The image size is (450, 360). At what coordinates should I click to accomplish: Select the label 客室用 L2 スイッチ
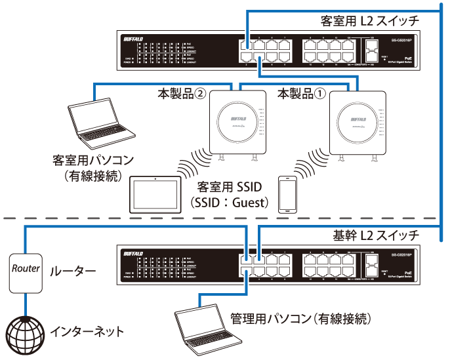378,22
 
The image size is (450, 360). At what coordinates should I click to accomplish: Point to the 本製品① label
301,95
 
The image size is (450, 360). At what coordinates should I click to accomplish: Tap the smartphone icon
287,193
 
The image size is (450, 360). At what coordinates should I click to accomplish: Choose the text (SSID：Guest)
229,203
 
